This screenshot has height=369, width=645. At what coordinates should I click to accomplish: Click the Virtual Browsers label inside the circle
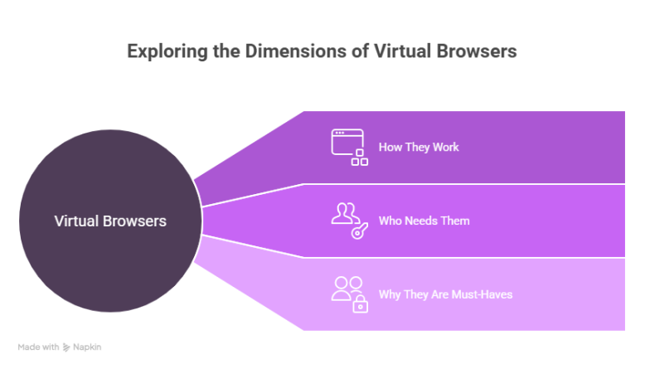110,221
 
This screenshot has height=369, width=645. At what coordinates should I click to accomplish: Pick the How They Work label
419,148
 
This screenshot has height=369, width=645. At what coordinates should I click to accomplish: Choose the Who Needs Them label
424,221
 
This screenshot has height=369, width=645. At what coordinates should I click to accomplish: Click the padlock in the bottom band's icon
360,305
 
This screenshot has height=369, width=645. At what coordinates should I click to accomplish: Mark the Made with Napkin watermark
60,347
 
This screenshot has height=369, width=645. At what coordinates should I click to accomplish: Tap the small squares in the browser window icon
360,157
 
